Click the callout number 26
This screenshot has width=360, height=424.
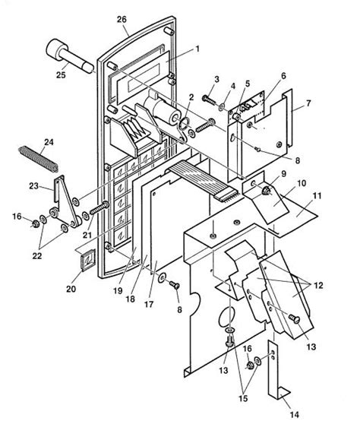click(x=122, y=18)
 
